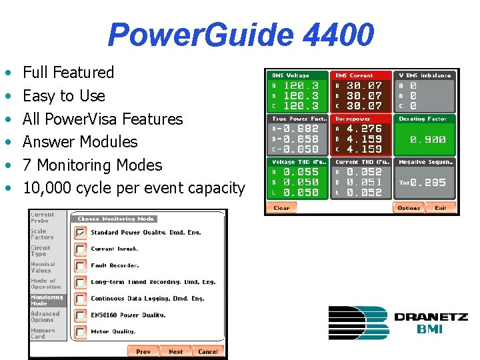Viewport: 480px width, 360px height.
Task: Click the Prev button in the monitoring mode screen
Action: click(x=143, y=351)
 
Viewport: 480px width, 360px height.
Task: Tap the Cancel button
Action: click(x=207, y=351)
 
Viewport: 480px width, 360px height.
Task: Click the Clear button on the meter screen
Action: click(x=281, y=208)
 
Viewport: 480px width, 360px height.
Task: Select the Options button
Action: click(x=409, y=208)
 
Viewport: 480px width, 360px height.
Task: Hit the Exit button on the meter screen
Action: click(x=441, y=208)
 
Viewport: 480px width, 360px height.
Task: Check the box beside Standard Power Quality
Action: click(x=80, y=233)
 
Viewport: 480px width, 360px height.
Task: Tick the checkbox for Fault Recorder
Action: click(x=80, y=265)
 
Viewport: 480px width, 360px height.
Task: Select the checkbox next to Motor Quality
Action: click(x=80, y=331)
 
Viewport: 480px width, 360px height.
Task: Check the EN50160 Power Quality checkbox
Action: click(x=80, y=315)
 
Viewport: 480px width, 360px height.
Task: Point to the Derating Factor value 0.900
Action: click(x=428, y=140)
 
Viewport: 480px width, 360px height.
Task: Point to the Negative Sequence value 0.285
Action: click(x=428, y=183)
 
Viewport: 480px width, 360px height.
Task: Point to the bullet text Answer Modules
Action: click(x=80, y=142)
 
